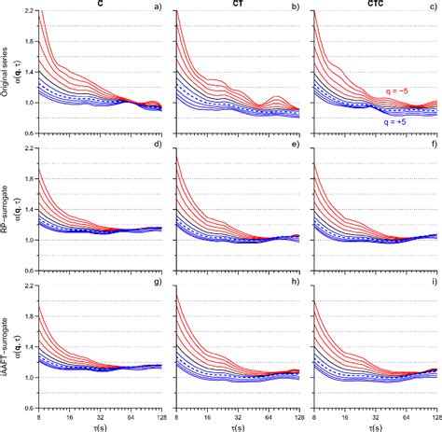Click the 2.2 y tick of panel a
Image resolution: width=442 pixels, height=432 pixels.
click(27, 10)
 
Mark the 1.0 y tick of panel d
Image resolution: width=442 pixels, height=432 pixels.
click(27, 240)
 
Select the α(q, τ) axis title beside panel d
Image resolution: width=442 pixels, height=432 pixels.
click(21, 209)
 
